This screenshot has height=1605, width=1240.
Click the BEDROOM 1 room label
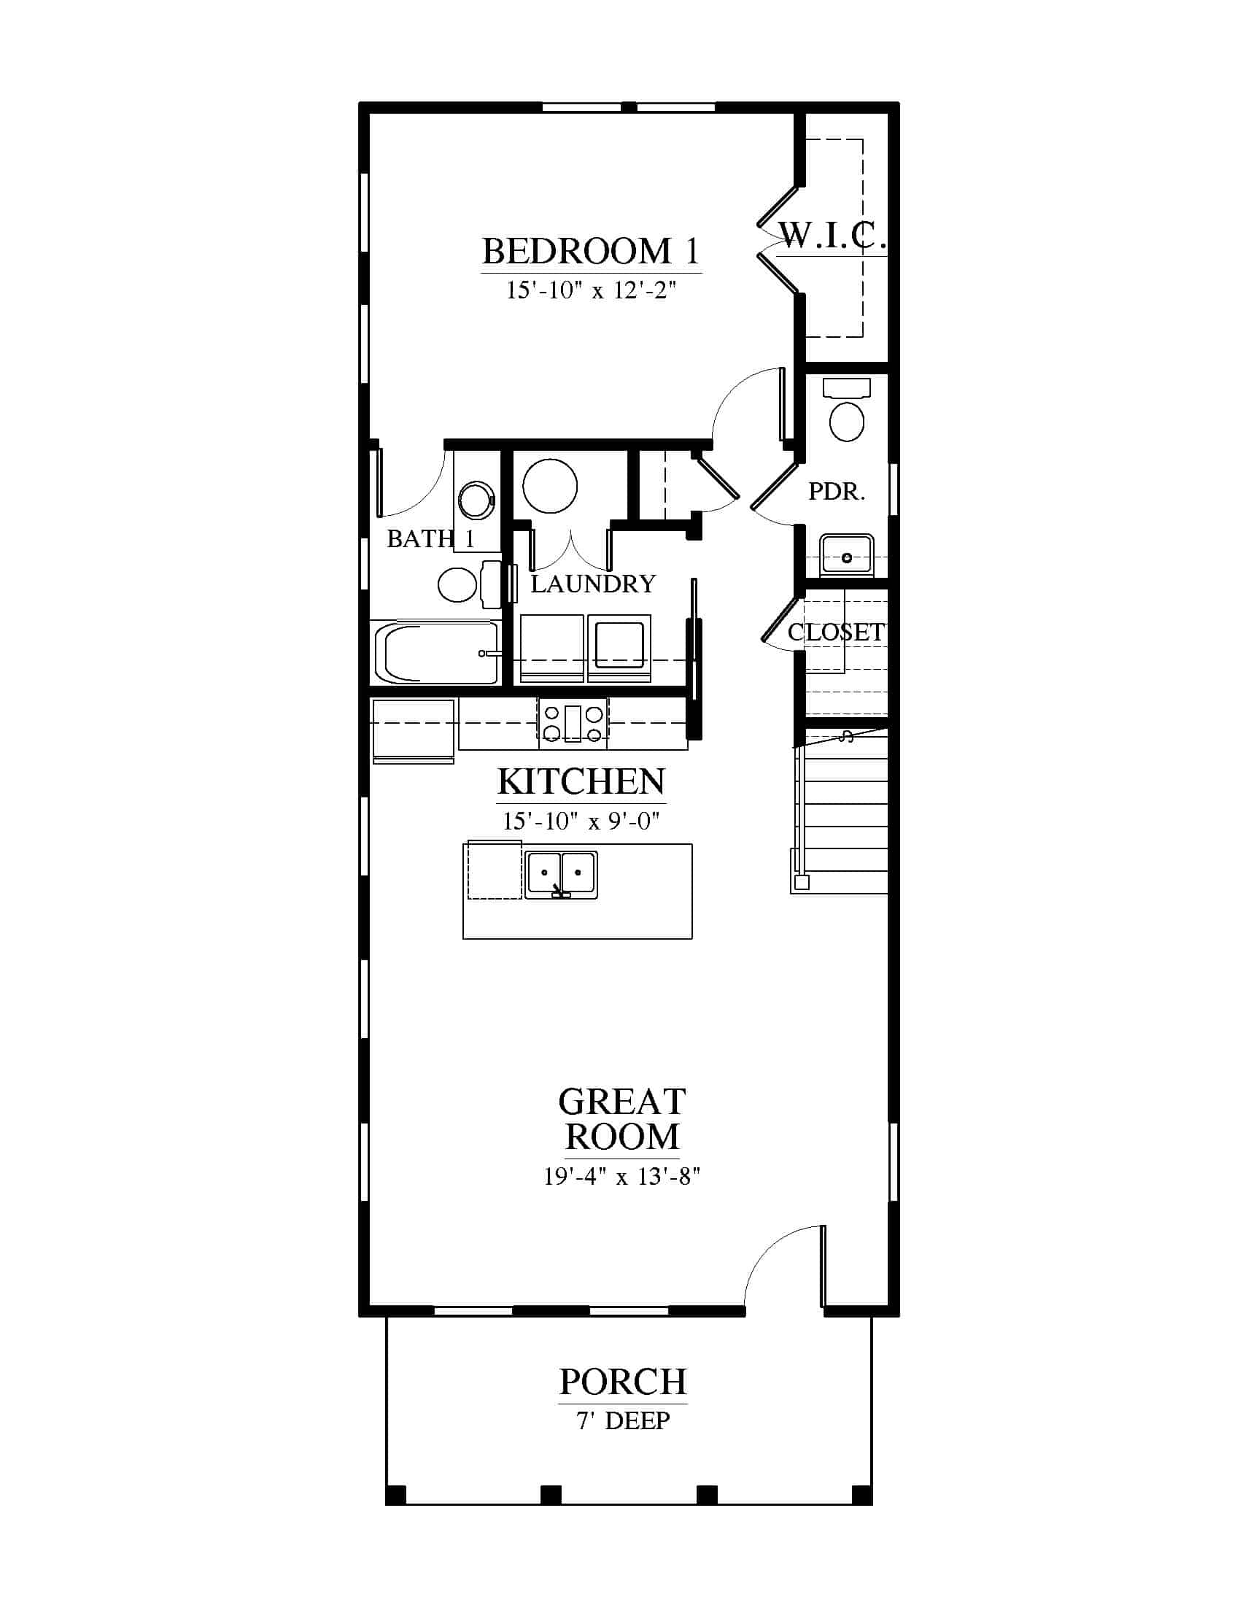pos(591,252)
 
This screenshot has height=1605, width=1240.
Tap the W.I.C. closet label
pos(833,235)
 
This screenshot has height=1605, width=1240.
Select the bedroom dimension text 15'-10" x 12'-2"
pos(591,290)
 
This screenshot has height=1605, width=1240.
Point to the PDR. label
pos(837,491)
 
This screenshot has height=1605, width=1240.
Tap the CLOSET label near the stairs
pos(836,632)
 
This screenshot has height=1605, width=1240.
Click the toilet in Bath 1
pos(469,585)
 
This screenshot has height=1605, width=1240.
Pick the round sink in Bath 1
pos(477,500)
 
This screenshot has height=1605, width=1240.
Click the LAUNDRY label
pos(593,584)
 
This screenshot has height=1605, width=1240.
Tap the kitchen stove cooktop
pos(573,724)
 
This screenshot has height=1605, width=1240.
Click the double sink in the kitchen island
pos(561,875)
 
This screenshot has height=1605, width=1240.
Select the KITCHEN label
pos(581,781)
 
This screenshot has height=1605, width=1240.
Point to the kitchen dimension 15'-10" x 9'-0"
pos(581,821)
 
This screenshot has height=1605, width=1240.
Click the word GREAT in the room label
pos(621,1102)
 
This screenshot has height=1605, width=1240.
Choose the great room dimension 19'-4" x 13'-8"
pos(621,1177)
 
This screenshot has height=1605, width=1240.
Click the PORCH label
pos(623,1382)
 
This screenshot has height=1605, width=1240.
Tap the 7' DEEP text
pos(623,1421)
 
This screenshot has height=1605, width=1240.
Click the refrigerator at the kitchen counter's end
pos(413,731)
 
